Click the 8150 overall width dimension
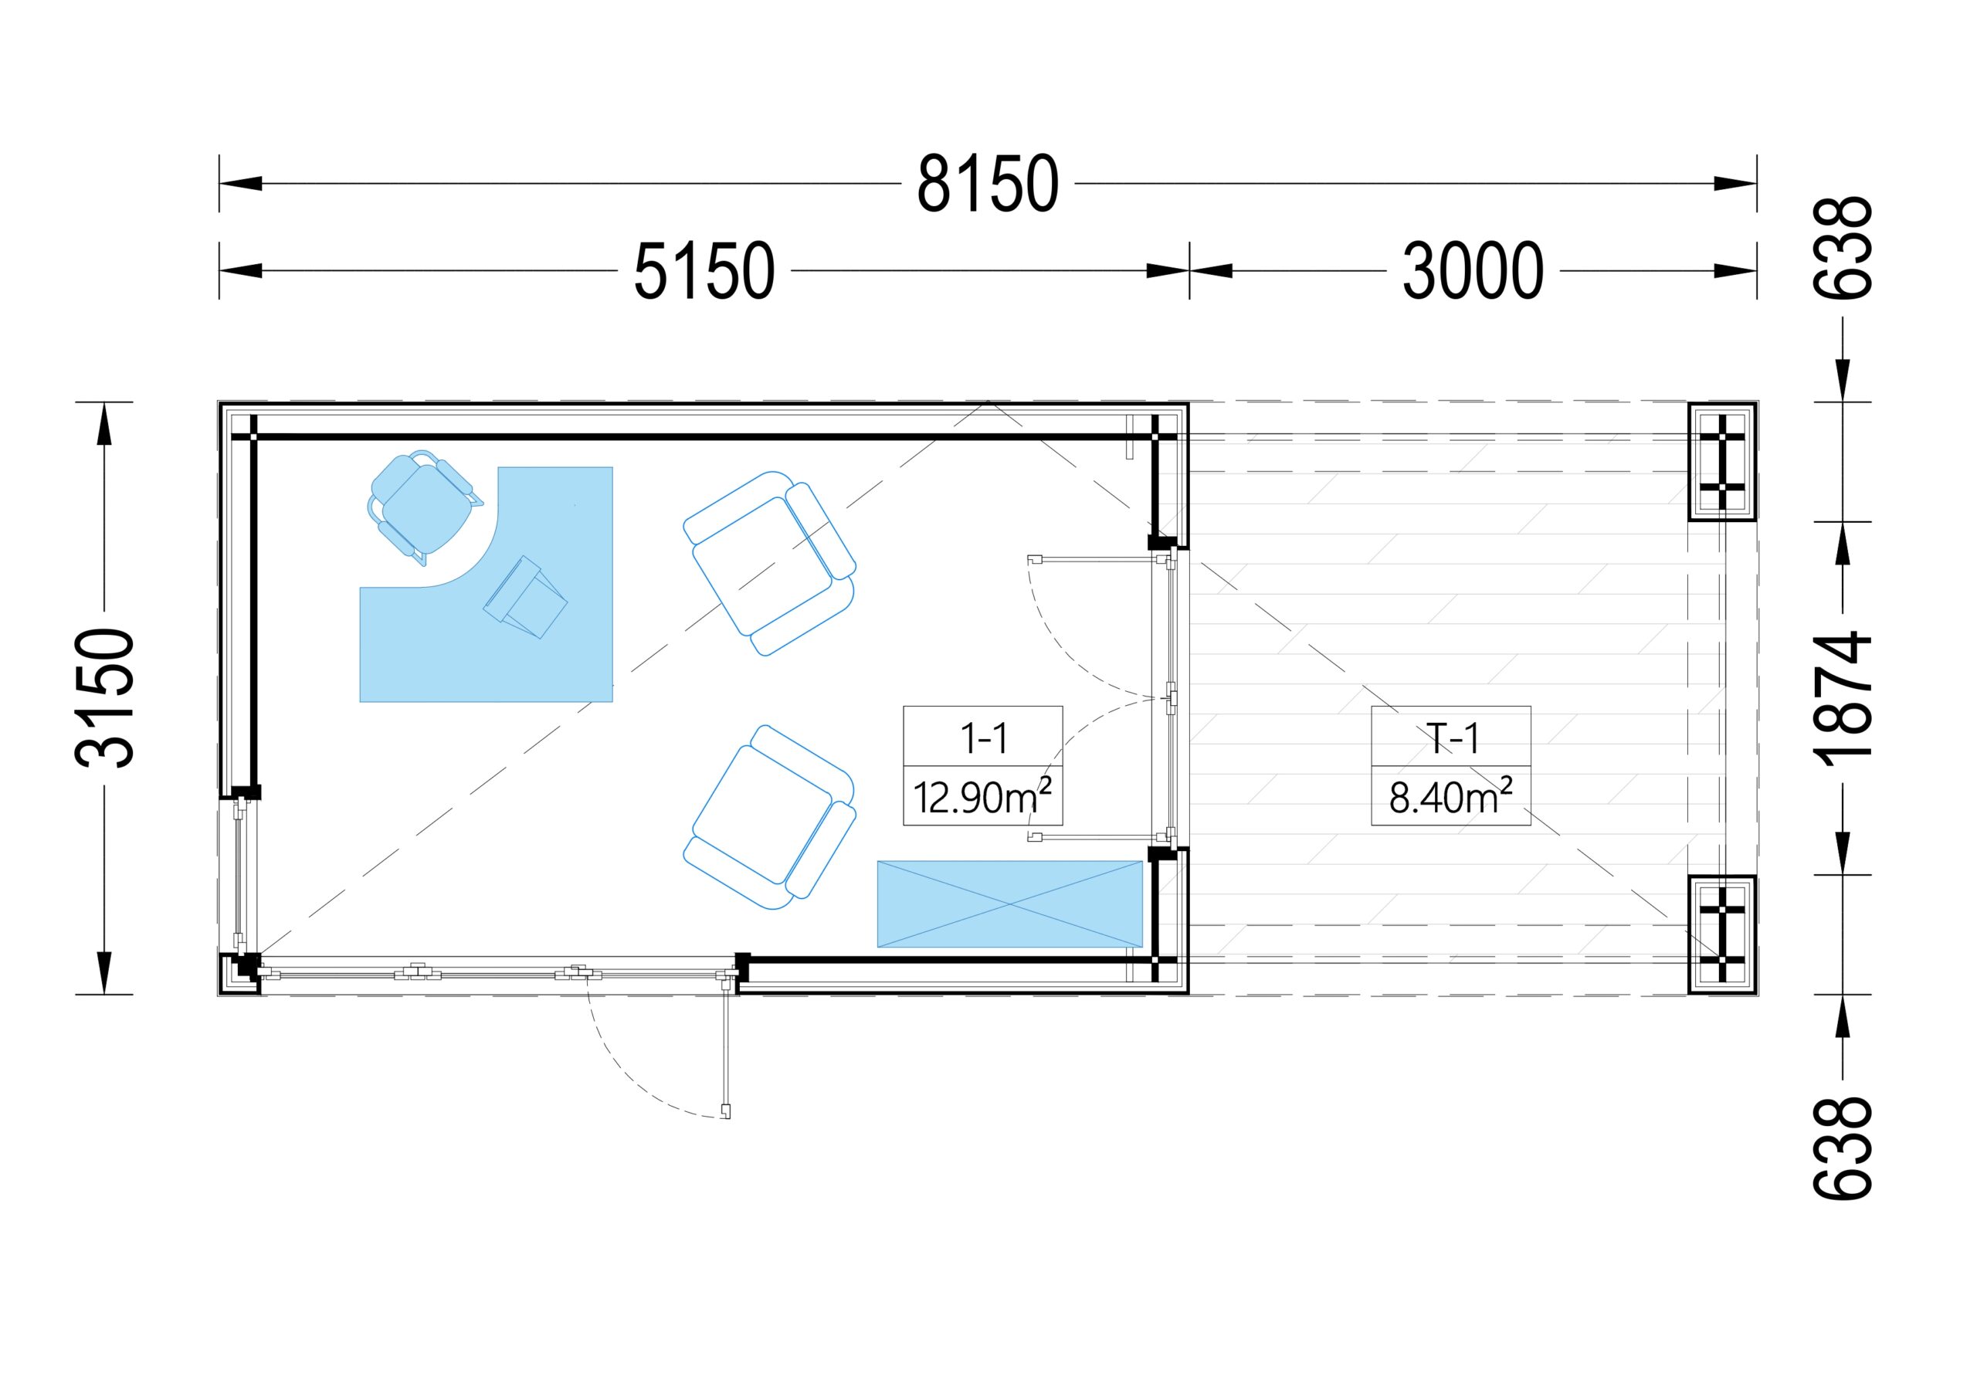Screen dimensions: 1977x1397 pos(987,184)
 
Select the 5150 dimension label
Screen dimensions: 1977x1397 pos(704,271)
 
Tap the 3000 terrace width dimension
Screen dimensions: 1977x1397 pos(1473,271)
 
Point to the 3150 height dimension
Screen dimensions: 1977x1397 pos(105,697)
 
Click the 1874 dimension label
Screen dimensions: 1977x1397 pos(1843,698)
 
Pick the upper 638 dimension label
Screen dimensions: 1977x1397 pos(1843,248)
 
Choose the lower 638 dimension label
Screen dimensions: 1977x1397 pos(1843,1148)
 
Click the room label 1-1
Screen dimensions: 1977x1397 pos(983,738)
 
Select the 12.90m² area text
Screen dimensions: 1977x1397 pos(982,796)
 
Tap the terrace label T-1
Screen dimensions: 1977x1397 pos(1452,738)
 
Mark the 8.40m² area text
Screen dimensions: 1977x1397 pos(1451,796)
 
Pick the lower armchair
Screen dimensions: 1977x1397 pos(770,816)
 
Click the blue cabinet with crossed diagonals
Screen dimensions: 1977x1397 pos(1009,904)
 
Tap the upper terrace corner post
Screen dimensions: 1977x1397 pos(1722,463)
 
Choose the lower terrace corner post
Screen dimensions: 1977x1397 pos(1722,934)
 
